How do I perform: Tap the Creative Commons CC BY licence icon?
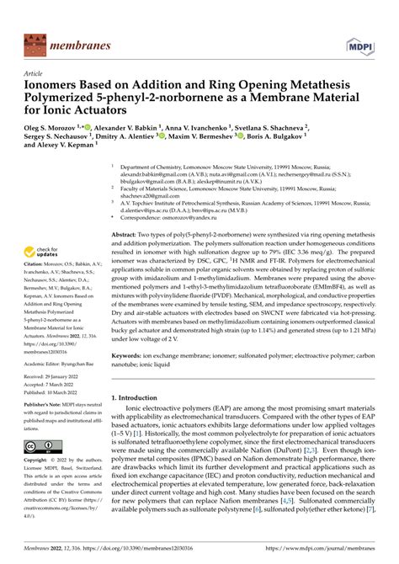[41, 446]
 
